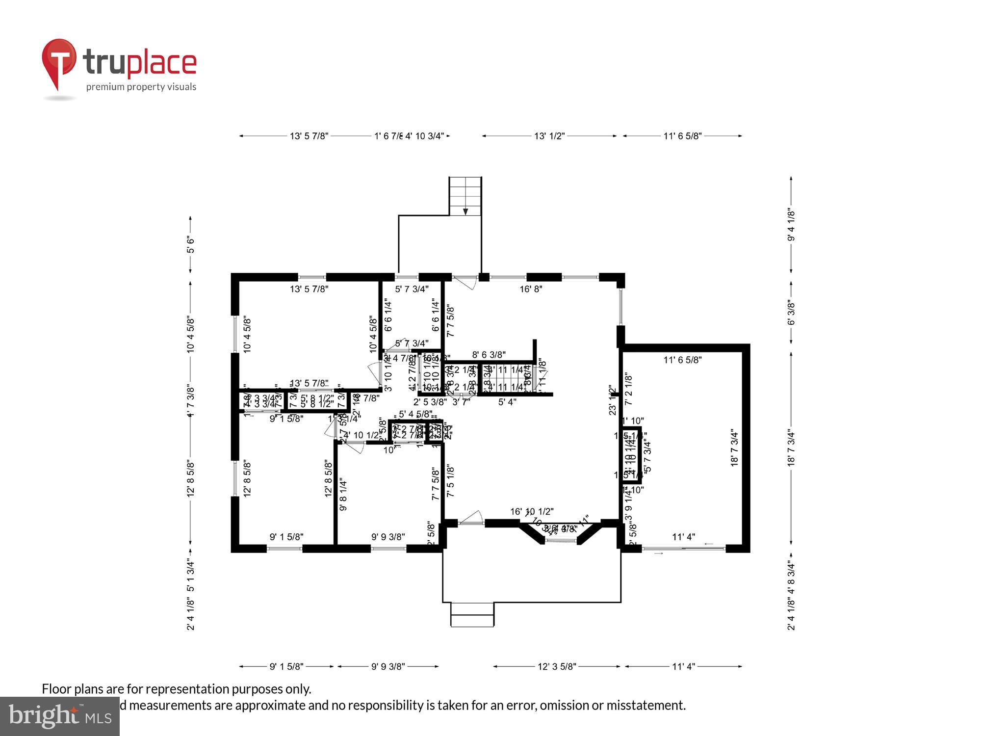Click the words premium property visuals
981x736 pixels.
pos(141,87)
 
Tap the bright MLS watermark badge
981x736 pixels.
pos(59,717)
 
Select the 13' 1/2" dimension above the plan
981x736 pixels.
pos(549,136)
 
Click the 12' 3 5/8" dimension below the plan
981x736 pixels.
pos(557,666)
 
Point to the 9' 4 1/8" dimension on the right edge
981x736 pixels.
pos(791,225)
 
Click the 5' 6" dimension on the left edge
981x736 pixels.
pos(190,244)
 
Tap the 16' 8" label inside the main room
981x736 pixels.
pos(531,289)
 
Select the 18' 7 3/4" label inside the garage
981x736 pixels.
pos(734,447)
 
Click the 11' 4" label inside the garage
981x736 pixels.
pos(683,537)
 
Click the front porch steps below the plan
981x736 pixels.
pos(472,615)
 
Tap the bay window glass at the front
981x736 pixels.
pos(561,540)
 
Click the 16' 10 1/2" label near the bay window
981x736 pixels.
pos(532,512)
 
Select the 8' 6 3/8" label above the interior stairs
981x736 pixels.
pos(489,355)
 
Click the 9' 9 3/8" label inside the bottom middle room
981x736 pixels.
pos(388,537)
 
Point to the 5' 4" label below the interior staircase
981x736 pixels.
pos(507,402)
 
